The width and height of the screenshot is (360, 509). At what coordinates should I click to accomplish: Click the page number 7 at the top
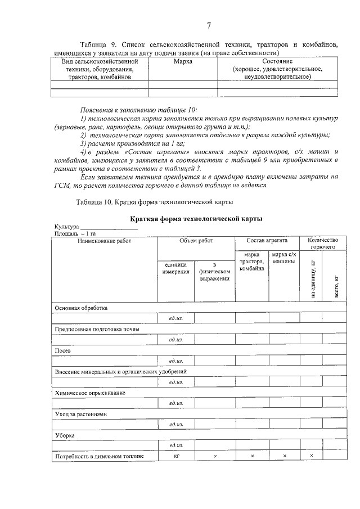point(209,25)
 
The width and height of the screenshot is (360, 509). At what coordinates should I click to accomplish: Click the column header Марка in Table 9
point(183,61)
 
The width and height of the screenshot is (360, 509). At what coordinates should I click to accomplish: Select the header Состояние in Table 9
point(277,61)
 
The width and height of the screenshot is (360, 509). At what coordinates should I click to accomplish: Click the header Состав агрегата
point(267,241)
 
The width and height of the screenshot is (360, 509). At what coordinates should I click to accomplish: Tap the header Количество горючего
point(323,244)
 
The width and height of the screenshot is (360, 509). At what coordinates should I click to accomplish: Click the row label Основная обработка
point(80,308)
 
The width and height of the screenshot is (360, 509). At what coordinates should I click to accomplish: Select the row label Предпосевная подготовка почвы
point(96,329)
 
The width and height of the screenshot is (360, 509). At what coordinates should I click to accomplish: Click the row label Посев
point(62,350)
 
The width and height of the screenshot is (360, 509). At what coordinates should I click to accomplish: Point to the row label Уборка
point(64,435)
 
